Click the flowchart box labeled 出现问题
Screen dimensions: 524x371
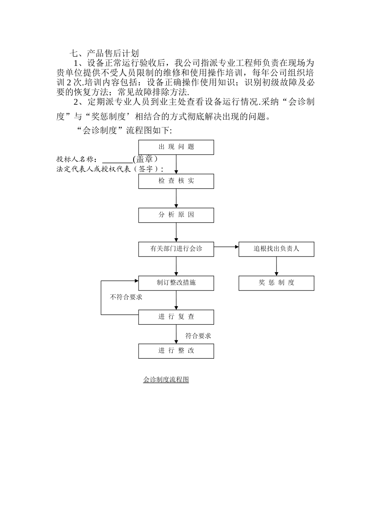pos(176,147)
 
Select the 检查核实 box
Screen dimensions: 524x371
pos(176,181)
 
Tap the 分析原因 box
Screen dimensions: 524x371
pos(176,215)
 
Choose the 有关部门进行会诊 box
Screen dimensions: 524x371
pos(176,249)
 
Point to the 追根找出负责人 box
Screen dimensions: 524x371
pos(276,249)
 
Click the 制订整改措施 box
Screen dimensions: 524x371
pos(176,283)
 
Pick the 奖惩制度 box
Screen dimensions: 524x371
pos(276,283)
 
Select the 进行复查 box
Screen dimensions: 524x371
pos(176,317)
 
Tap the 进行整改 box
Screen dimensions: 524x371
pos(176,351)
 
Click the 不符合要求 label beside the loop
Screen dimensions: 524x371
pos(126,297)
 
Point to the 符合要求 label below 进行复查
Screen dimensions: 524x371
pos(198,336)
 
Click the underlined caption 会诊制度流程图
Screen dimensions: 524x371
pos(166,379)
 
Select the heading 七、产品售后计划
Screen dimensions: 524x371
pos(104,53)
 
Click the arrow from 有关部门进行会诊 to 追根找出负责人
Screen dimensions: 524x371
pos(226,247)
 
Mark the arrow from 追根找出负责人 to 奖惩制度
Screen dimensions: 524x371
pos(276,266)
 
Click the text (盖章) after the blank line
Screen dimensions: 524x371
pos(145,159)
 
